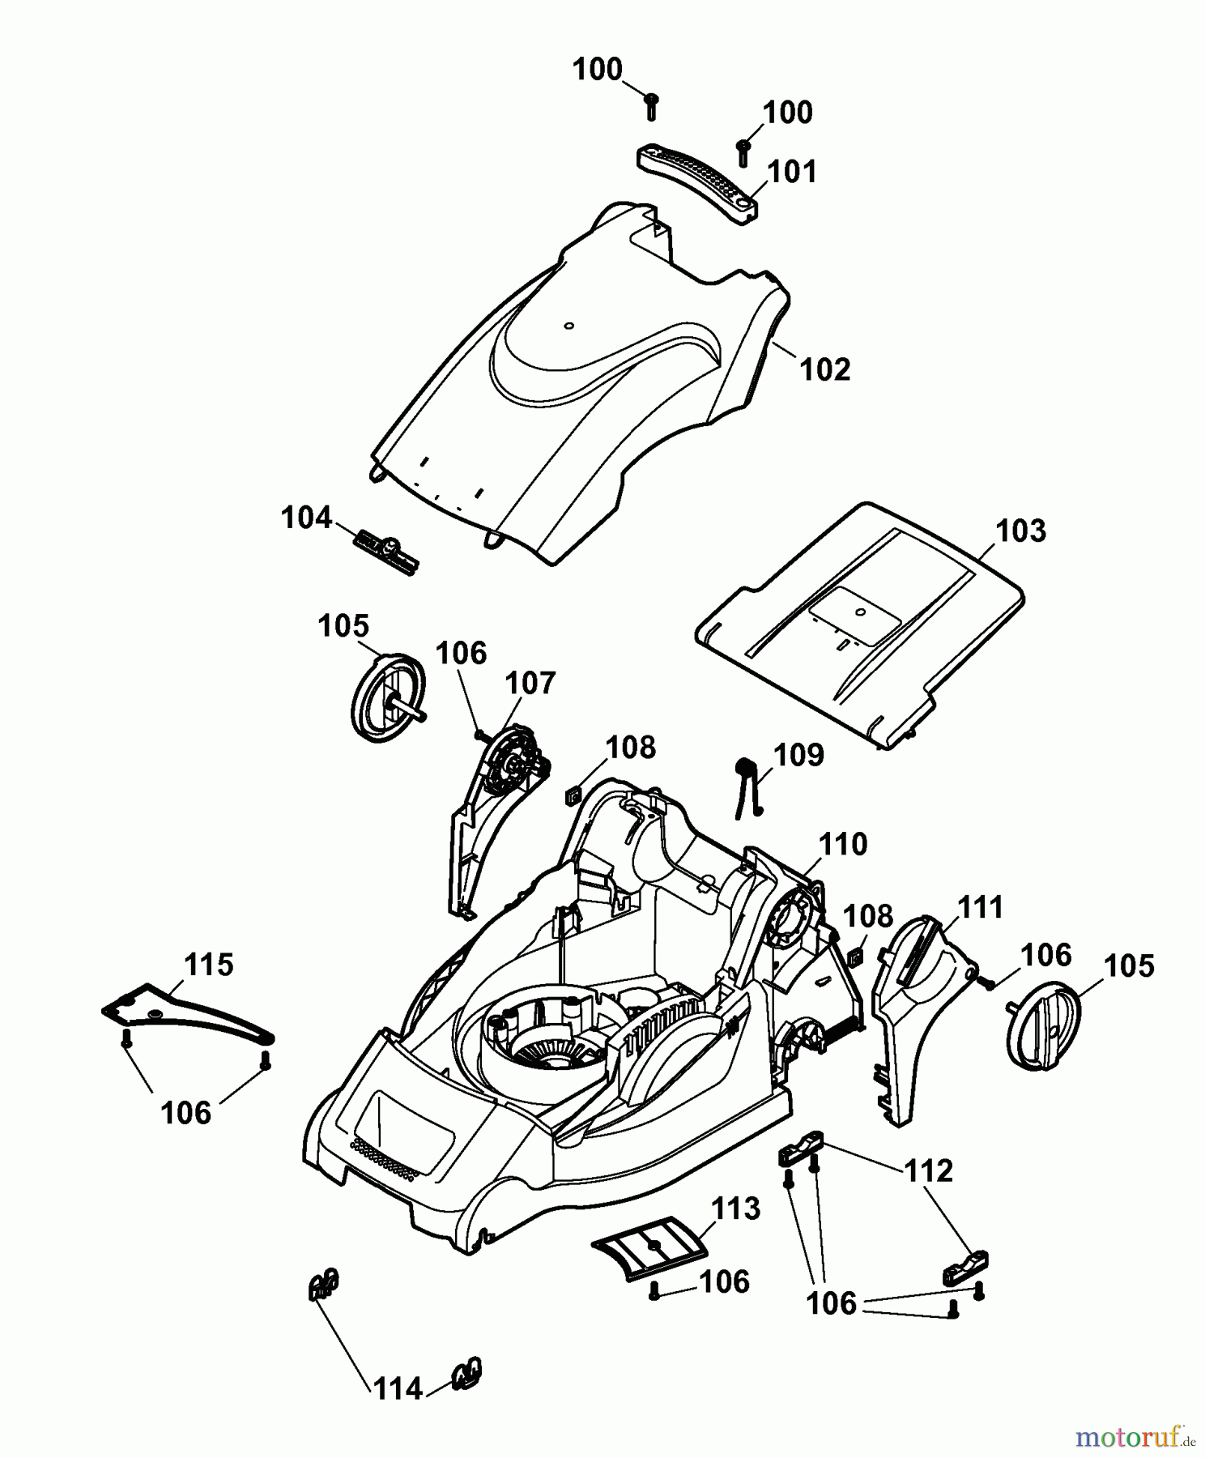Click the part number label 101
tap(793, 172)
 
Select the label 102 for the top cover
tap(825, 369)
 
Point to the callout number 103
tap(1021, 531)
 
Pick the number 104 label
tap(307, 518)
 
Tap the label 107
tap(530, 684)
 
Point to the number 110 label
tap(843, 845)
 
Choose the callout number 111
tap(981, 907)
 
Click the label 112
tap(929, 1171)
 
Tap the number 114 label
tap(398, 1389)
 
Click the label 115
tap(209, 966)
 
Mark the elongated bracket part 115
tap(189, 1013)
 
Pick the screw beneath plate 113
tap(654, 1294)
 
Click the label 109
tap(798, 755)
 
